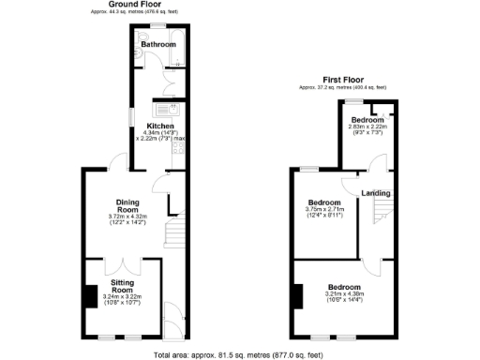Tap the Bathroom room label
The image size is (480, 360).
click(x=157, y=44)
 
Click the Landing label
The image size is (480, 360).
click(x=376, y=194)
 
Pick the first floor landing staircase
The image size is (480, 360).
click(x=380, y=216)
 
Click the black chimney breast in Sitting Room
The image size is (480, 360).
click(x=90, y=296)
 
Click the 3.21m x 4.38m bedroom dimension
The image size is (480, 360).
click(x=343, y=294)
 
